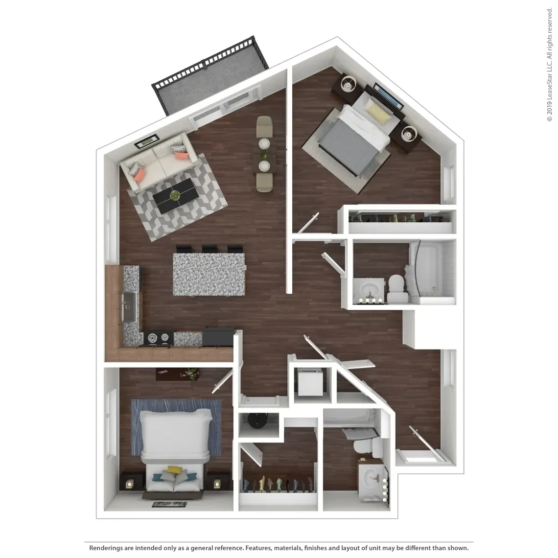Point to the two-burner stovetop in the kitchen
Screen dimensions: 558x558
click(158, 337)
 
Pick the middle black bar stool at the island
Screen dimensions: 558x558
click(211, 249)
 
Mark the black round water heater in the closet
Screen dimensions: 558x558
click(257, 420)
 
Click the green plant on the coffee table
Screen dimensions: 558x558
click(175, 195)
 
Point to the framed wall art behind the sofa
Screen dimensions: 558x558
click(147, 141)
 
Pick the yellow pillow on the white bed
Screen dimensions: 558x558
click(173, 470)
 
